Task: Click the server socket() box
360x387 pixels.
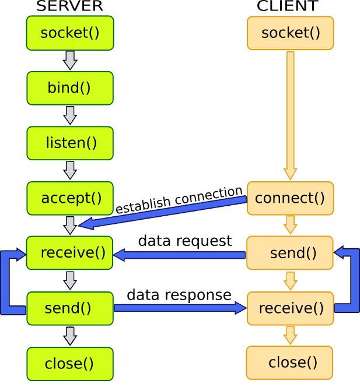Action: pos(70,33)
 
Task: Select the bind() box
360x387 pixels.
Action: pos(70,88)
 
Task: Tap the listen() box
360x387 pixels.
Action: pos(70,143)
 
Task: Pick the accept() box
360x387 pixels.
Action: pos(70,198)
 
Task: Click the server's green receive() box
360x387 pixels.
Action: pos(70,253)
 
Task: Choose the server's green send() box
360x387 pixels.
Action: pos(70,308)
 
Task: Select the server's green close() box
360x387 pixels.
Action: pos(70,364)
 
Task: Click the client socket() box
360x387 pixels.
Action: pos(291,33)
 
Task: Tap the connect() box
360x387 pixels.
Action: pos(291,198)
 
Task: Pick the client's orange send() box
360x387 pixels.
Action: pos(290,253)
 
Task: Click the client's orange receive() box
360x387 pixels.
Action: pos(291,308)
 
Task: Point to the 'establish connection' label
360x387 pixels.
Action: pos(179,199)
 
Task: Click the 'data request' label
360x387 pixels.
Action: pos(185,241)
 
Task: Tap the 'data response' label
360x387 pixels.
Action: pos(179,295)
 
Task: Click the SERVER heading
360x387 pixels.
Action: pos(69,6)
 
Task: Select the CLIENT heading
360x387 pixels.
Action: pos(288,6)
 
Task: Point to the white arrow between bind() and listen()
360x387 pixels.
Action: pos(70,115)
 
